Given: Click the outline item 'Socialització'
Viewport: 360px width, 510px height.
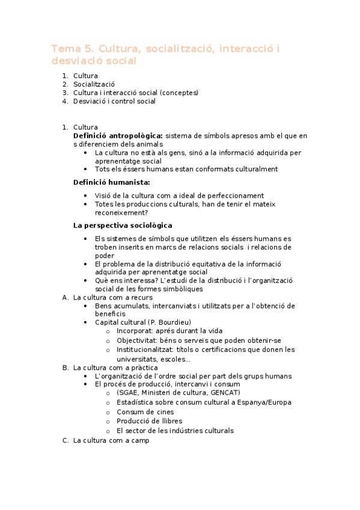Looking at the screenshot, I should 94,84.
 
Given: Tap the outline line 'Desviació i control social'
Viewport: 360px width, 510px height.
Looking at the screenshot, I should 114,101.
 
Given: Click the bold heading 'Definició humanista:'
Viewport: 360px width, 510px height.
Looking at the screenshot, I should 111,182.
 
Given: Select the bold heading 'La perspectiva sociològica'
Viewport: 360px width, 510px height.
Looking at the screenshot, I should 122,226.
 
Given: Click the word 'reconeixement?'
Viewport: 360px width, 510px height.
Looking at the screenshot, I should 121,212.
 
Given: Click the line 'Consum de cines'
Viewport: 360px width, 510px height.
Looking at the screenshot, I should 145,412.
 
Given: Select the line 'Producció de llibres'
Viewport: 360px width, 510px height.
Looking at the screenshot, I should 149,421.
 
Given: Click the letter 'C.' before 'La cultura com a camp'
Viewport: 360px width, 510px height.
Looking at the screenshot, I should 66,441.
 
